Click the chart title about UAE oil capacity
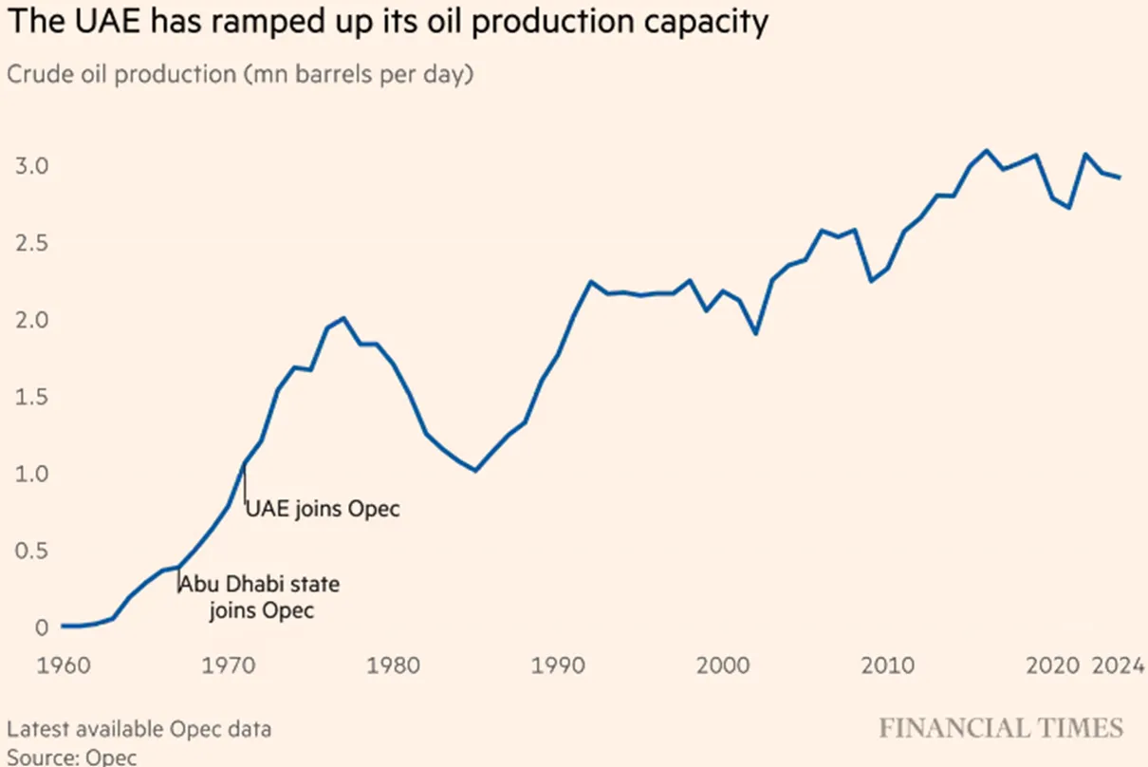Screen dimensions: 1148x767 388,22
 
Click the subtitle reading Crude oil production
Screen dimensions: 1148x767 240,74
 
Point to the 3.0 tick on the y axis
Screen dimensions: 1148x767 31,166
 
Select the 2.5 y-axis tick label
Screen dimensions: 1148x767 31,243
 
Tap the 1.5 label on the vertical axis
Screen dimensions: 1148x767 31,397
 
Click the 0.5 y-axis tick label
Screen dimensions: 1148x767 31,551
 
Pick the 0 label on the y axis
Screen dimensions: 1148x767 42,627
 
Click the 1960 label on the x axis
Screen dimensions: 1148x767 64,665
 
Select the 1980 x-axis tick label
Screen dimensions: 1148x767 393,665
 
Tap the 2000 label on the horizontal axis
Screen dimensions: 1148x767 723,665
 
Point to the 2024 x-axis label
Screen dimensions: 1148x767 1119,665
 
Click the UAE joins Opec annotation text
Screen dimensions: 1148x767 323,509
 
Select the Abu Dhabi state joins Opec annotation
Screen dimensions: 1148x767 260,597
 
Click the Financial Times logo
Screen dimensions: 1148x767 1001,728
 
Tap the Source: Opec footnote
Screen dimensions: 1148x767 72,758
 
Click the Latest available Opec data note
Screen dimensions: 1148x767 139,729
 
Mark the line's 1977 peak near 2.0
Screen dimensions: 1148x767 343,318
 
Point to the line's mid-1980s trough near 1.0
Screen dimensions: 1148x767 475,470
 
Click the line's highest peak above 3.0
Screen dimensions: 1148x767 986,151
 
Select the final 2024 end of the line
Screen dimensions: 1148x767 1120,178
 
